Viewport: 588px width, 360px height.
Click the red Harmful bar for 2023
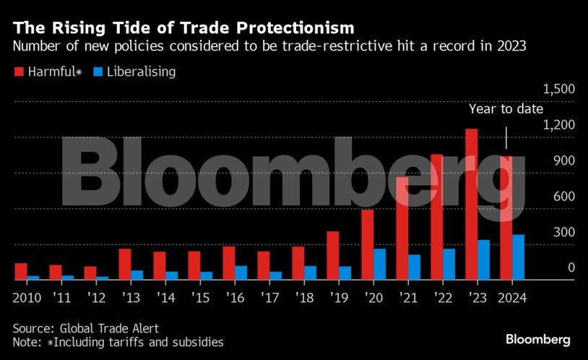(x=472, y=204)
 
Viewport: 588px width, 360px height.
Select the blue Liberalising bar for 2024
(x=518, y=257)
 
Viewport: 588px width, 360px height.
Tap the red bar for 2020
(x=368, y=244)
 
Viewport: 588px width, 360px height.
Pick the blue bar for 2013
(x=137, y=275)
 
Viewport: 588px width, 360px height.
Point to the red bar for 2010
(x=21, y=271)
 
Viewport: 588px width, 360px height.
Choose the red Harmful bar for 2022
(x=437, y=217)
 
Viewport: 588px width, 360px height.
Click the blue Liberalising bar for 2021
(x=414, y=267)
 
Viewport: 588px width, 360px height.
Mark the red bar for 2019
(x=333, y=255)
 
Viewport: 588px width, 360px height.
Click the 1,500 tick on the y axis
(x=558, y=89)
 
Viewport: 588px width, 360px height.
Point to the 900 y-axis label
(x=563, y=160)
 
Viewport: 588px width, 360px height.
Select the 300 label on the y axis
(x=563, y=232)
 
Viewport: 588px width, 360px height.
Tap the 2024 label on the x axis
(x=511, y=297)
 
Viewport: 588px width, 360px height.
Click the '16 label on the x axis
(x=235, y=297)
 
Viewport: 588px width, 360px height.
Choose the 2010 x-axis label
(x=26, y=297)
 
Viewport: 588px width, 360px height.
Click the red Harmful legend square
(x=18, y=72)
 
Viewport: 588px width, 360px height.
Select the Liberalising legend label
(x=142, y=72)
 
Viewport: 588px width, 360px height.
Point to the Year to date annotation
(x=506, y=109)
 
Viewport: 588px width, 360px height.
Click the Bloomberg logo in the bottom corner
(x=537, y=339)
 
